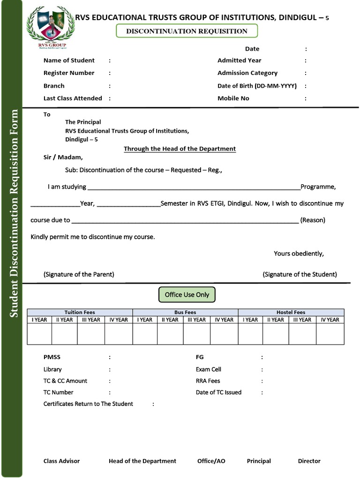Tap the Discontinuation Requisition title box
pos(187,31)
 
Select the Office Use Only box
pos(187,295)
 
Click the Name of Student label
pos(69,60)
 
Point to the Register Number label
pos(69,73)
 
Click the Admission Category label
pos(247,73)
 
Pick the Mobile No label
pos(233,98)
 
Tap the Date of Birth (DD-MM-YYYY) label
pos(257,86)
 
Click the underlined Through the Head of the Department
pos(180,149)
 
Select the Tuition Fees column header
pos(80,312)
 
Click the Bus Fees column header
pos(185,312)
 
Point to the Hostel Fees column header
pos(291,312)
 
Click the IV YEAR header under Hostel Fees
pos(330,320)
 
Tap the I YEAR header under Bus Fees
pos(145,320)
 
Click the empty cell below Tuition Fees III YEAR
pos(91,334)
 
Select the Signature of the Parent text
pos(79,274)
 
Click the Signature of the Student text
pos(300,274)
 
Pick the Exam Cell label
pos(208,369)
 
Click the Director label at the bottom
pos(309,461)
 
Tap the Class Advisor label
pos(61,461)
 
